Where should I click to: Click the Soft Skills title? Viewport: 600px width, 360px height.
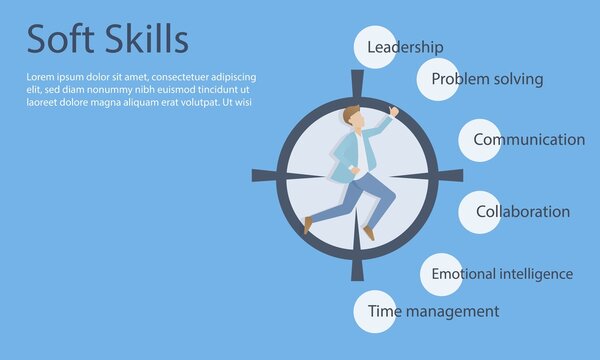point(107,39)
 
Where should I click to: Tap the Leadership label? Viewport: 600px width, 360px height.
point(405,47)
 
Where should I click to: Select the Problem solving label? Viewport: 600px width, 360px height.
point(487,79)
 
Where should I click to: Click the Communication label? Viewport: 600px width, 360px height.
point(529,140)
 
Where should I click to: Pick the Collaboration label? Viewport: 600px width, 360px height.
point(523,212)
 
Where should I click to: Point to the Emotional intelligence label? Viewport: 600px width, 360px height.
point(502,274)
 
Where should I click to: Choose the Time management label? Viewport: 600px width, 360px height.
point(433,311)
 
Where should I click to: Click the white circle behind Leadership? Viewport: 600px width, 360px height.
point(375,47)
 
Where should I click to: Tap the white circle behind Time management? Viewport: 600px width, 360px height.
point(374,311)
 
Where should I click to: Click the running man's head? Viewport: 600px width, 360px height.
point(351,117)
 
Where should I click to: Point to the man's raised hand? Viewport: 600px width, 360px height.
point(393,111)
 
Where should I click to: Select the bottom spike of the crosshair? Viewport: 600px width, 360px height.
point(357,268)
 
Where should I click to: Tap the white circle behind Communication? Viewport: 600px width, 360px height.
point(480,140)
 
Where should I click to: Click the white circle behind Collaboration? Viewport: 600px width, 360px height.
point(480,212)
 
